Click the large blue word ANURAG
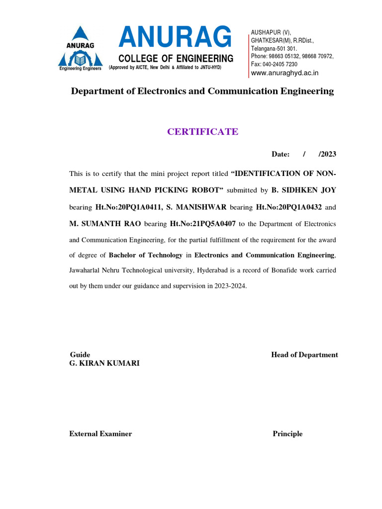175,38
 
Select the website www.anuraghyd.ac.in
285,73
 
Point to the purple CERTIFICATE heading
202,132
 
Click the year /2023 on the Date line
327,154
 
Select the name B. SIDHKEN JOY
304,190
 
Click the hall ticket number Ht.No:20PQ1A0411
129,206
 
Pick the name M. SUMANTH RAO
105,223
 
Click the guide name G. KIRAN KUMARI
104,363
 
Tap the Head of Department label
304,355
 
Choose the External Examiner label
100,434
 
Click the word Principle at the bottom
287,434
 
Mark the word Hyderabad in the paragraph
217,271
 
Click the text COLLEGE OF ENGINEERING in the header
176,58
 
